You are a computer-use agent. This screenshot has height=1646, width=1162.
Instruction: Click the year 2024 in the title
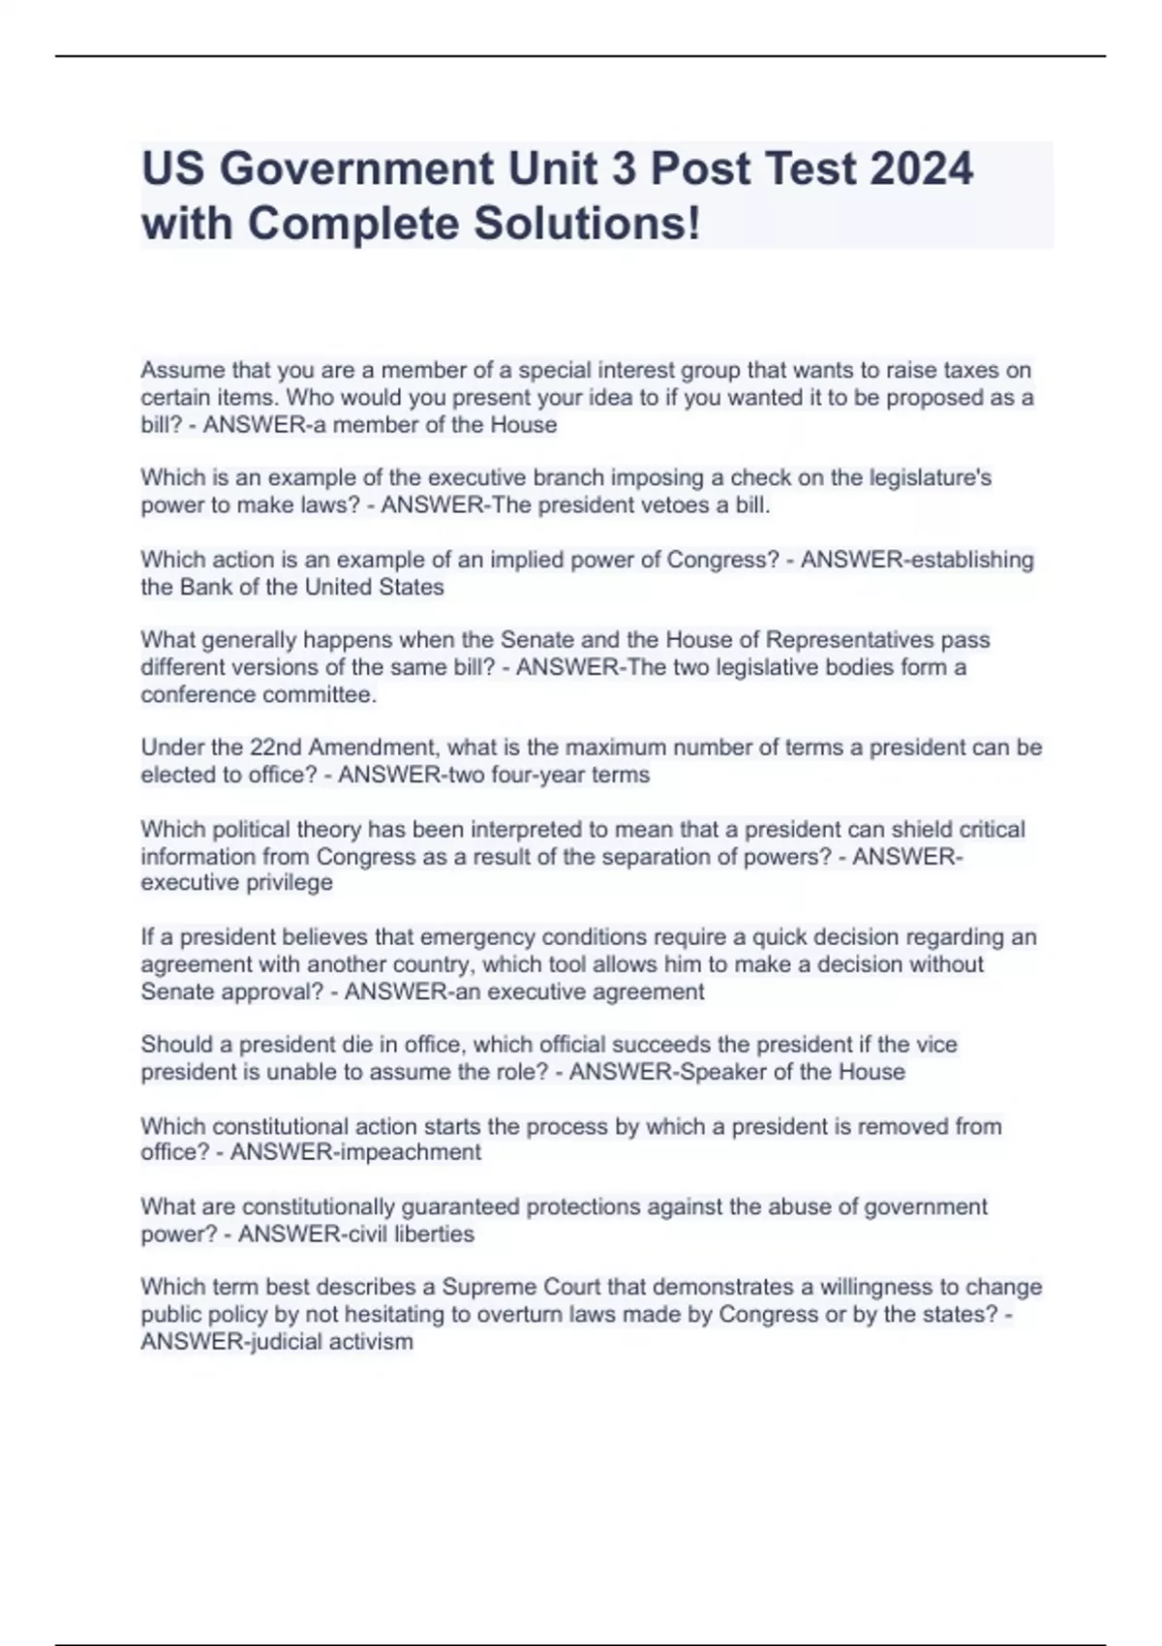coord(921,168)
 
